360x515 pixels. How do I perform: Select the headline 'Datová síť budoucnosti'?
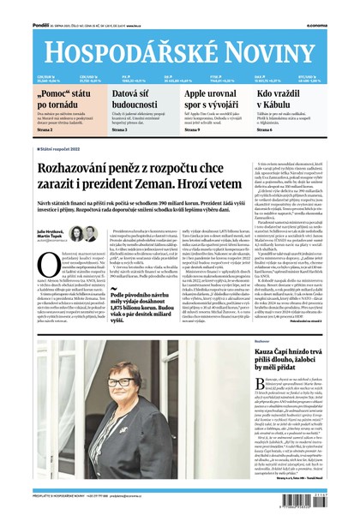coord(136,98)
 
